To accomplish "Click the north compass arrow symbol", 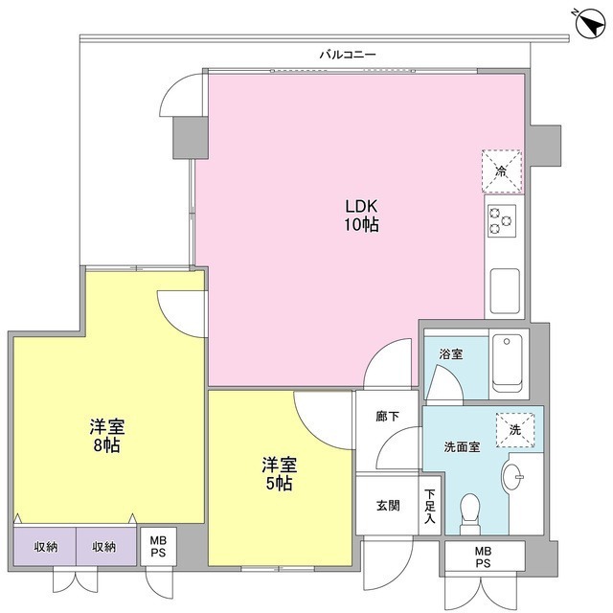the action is [590, 24].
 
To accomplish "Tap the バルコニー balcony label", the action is [348, 55].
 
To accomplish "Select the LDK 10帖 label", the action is [361, 216].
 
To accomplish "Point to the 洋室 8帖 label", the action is [106, 436].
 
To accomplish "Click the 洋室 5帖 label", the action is [279, 474].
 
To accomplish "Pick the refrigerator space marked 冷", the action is [502, 171].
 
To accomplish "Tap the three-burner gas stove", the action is [502, 221].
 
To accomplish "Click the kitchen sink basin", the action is [505, 291].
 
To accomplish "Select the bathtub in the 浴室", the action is [508, 363].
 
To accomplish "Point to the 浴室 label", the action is [451, 354].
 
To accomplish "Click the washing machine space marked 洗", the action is [515, 430].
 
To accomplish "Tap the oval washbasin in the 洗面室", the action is [511, 477].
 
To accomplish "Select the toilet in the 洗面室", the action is [470, 513].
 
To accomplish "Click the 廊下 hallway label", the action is [387, 417].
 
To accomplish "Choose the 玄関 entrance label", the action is [388, 506].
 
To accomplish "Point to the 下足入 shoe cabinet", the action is [430, 506].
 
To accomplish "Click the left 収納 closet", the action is [45, 546].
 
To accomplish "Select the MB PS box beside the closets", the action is [158, 546].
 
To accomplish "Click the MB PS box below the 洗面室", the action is [483, 556].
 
